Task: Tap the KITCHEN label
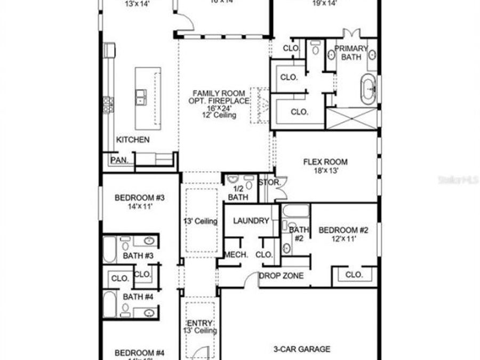click(133, 140)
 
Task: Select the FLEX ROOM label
click(325, 162)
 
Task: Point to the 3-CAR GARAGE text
click(302, 349)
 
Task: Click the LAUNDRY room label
click(251, 221)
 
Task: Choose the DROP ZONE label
click(281, 276)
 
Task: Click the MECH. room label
click(236, 254)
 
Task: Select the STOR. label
click(269, 182)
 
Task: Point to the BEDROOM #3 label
click(140, 197)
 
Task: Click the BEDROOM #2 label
click(343, 230)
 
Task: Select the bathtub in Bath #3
click(109, 250)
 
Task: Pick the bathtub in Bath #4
click(109, 303)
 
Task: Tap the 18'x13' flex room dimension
click(325, 171)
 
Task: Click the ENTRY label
click(200, 323)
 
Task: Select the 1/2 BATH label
click(238, 193)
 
